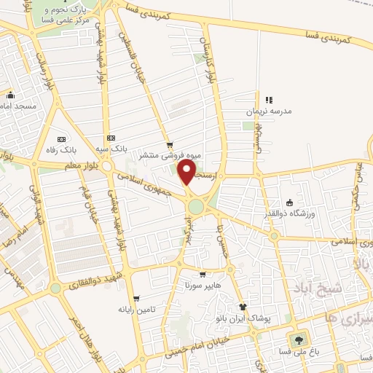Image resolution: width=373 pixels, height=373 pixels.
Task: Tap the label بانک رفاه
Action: [x=78, y=149]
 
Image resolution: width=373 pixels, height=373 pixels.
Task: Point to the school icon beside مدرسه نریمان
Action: [x=269, y=100]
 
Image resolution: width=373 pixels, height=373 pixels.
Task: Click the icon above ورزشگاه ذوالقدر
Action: [x=290, y=203]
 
